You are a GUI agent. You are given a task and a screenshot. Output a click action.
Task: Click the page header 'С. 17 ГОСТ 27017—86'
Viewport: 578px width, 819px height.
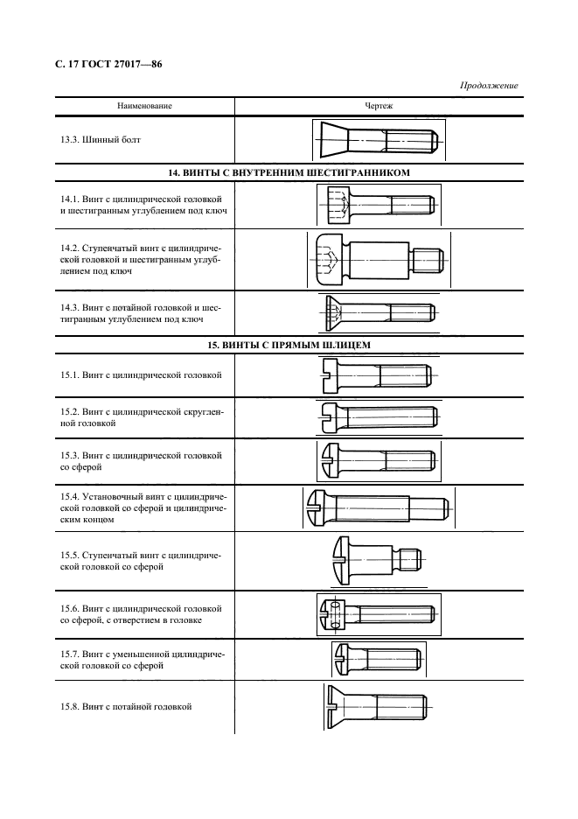coord(111,65)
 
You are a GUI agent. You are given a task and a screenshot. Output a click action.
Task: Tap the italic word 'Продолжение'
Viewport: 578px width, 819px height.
coord(489,85)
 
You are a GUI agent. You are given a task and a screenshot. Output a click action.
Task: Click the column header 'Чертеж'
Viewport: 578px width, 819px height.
coord(378,105)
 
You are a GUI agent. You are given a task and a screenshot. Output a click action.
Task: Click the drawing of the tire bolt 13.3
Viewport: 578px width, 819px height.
coord(378,140)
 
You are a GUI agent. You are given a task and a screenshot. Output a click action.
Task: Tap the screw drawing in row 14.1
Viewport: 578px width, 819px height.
coord(378,206)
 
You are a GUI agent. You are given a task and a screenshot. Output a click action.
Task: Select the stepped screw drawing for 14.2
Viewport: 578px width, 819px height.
coord(378,259)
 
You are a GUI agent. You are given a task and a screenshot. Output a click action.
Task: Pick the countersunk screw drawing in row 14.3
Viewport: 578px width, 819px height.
coord(378,311)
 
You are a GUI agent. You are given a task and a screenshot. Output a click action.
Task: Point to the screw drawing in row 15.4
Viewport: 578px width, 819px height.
coord(378,507)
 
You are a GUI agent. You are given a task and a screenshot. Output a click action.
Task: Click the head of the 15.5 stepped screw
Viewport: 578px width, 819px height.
coord(344,557)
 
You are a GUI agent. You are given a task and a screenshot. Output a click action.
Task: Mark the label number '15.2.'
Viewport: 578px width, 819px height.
coord(70,410)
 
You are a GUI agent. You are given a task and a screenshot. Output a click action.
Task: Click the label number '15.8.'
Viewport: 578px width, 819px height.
coord(70,705)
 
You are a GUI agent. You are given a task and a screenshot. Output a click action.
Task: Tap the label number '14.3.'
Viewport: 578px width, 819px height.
coord(70,308)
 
